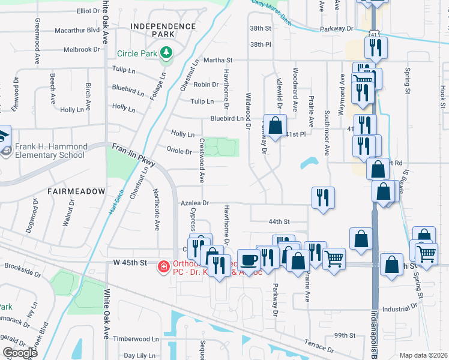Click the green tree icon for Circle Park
(167, 53)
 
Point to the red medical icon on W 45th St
(163, 266)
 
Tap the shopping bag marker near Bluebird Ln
(276, 126)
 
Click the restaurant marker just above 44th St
(323, 197)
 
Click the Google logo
(20, 352)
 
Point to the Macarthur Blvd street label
(77, 29)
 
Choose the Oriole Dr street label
(179, 152)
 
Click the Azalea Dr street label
(194, 204)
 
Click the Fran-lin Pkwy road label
(134, 155)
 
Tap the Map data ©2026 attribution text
(423, 355)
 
